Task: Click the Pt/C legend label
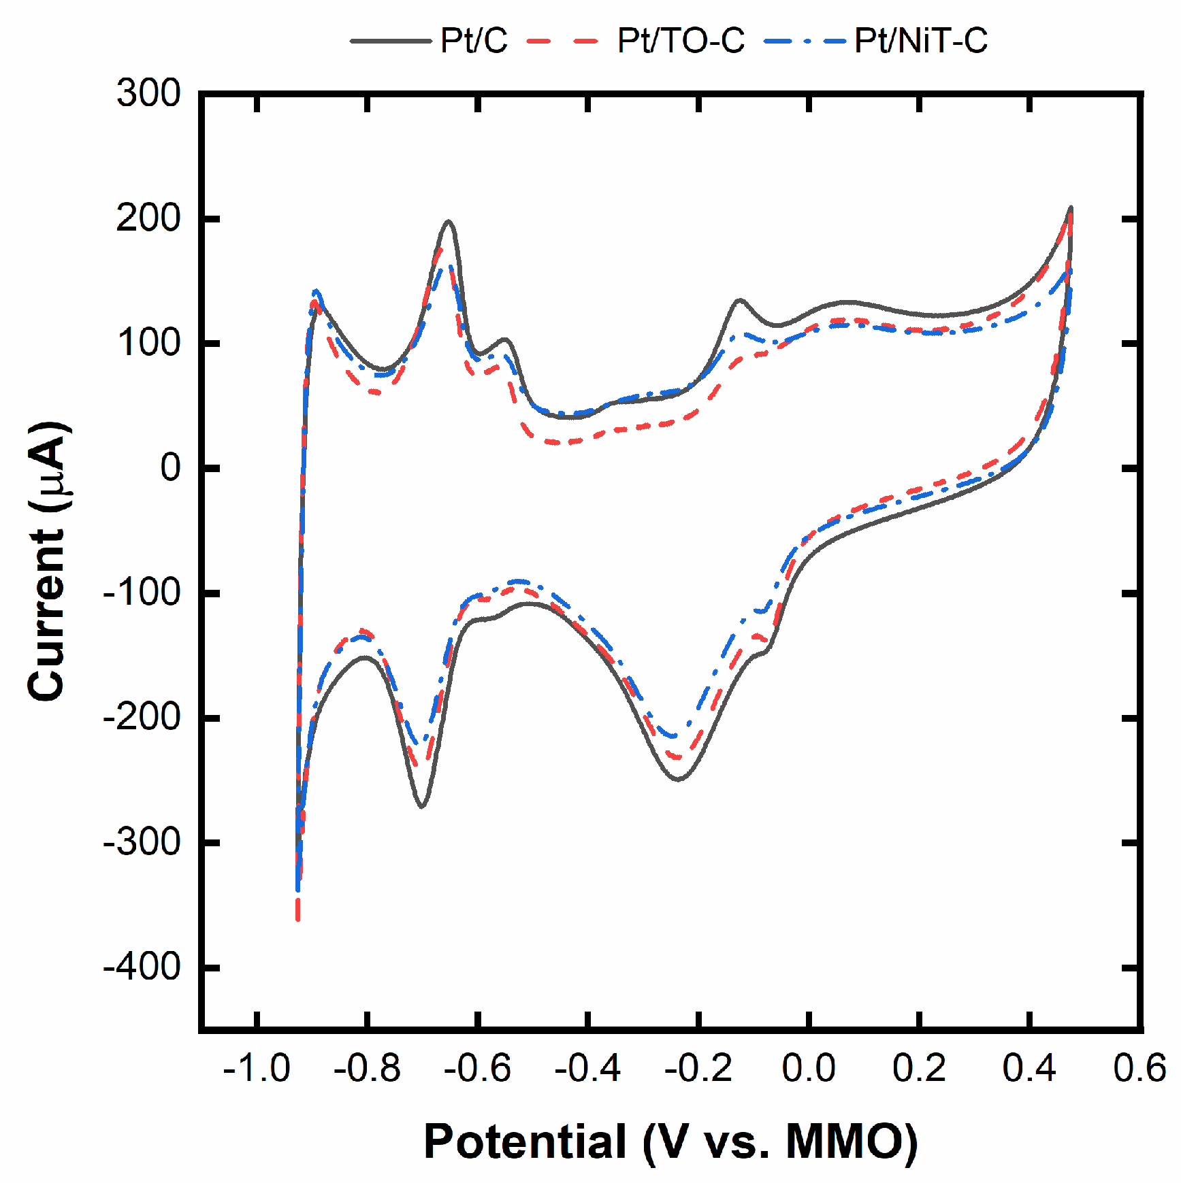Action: [x=474, y=41]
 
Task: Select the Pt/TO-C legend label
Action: [x=681, y=41]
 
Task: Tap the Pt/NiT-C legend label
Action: [x=920, y=41]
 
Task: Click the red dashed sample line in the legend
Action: [x=562, y=41]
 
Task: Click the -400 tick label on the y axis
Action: [x=142, y=966]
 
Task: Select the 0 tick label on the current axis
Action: [x=170, y=467]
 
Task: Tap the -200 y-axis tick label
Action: [x=142, y=717]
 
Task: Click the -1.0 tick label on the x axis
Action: [x=257, y=1068]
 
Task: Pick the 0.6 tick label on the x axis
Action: [x=1139, y=1068]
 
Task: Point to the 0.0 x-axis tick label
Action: [x=809, y=1068]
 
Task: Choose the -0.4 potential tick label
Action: [x=587, y=1068]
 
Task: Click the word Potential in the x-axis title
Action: [x=524, y=1141]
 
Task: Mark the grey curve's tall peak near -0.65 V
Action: [x=448, y=221]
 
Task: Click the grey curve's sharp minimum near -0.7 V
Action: [x=422, y=806]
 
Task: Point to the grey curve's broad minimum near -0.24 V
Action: [x=679, y=779]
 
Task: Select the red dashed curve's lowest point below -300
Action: [x=297, y=918]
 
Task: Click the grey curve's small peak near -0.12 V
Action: [x=740, y=299]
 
